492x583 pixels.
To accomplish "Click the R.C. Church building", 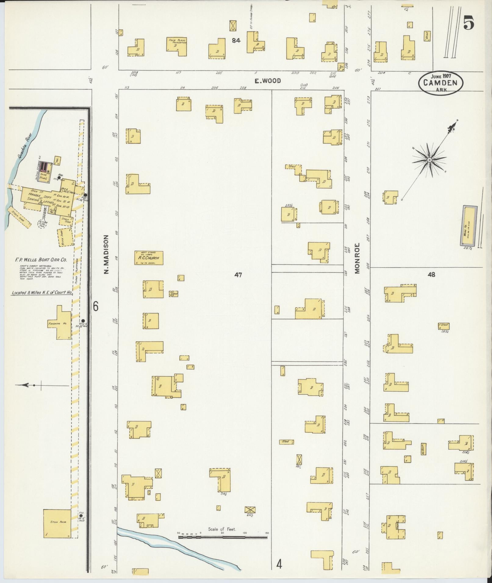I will (x=149, y=258).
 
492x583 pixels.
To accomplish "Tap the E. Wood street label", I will (x=268, y=81).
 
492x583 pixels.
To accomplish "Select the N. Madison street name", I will (x=106, y=254).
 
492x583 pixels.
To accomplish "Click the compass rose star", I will (x=429, y=160).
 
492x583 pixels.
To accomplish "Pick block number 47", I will (x=238, y=275).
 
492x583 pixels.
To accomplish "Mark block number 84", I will (x=235, y=40).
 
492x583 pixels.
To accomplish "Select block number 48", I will (x=431, y=275).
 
